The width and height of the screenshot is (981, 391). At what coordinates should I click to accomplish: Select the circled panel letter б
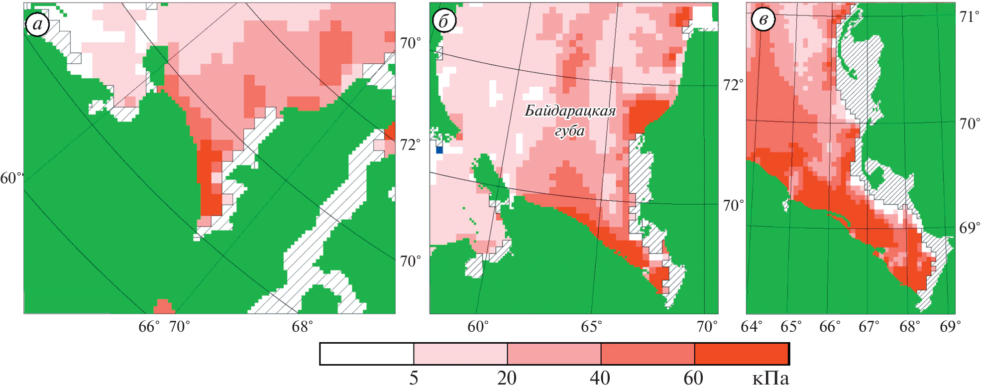pyautogui.click(x=443, y=21)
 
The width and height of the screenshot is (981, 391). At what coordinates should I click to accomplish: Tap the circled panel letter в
pyautogui.click(x=763, y=20)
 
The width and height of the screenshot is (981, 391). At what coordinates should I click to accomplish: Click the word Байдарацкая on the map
pyautogui.click(x=570, y=111)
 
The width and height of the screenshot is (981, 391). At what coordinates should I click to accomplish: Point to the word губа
pyautogui.click(x=569, y=130)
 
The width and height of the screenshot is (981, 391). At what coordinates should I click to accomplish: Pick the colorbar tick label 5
pyautogui.click(x=414, y=379)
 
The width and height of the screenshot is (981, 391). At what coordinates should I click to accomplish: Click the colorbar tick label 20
pyautogui.click(x=507, y=379)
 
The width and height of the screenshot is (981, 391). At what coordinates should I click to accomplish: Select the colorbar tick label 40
pyautogui.click(x=600, y=379)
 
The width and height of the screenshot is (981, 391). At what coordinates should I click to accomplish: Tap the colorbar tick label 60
pyautogui.click(x=693, y=379)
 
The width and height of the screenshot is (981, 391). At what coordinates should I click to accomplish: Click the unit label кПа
pyautogui.click(x=770, y=379)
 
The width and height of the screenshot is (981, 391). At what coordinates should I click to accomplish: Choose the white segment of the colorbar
pyautogui.click(x=367, y=354)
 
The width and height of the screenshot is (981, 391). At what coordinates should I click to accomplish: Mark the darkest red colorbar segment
pyautogui.click(x=741, y=354)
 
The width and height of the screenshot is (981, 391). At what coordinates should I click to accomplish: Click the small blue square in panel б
pyautogui.click(x=439, y=149)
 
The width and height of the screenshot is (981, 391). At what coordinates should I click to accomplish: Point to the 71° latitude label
pyautogui.click(x=969, y=17)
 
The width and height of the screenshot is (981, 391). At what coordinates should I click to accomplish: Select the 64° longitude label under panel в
pyautogui.click(x=751, y=327)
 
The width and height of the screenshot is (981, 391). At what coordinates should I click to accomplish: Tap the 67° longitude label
pyautogui.click(x=869, y=327)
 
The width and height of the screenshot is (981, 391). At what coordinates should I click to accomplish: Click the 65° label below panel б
pyautogui.click(x=591, y=327)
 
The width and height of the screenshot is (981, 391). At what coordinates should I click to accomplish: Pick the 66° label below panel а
pyautogui.click(x=149, y=327)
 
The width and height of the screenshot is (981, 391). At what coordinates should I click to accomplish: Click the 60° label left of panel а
pyautogui.click(x=11, y=178)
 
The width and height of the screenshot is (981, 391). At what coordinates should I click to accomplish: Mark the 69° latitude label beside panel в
pyautogui.click(x=969, y=228)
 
